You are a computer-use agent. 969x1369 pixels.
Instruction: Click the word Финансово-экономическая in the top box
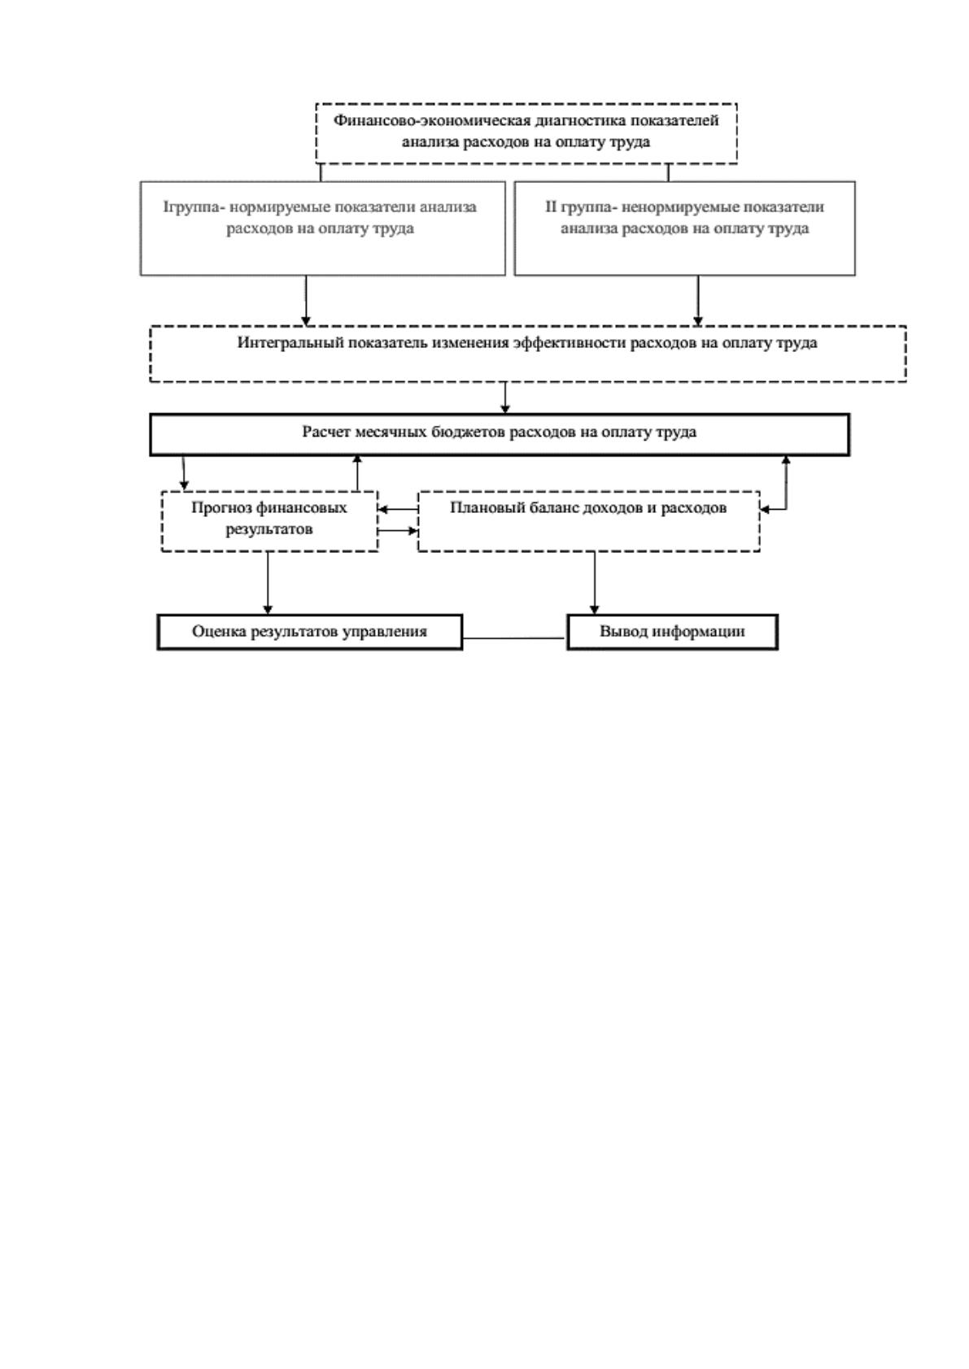[x=432, y=120]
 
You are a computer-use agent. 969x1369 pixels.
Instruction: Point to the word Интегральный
[x=290, y=344]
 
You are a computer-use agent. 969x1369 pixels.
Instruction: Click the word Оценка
[x=219, y=632]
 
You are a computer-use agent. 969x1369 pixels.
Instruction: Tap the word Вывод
[x=623, y=632]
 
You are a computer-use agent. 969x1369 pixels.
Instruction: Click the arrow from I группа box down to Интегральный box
[x=306, y=301]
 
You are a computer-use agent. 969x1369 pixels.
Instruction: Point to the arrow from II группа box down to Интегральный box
[x=698, y=301]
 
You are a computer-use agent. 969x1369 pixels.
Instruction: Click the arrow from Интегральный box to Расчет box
[x=505, y=398]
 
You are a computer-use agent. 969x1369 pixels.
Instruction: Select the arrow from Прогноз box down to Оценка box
[x=268, y=583]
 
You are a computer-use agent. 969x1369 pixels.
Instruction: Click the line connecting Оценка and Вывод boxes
[x=514, y=639]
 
